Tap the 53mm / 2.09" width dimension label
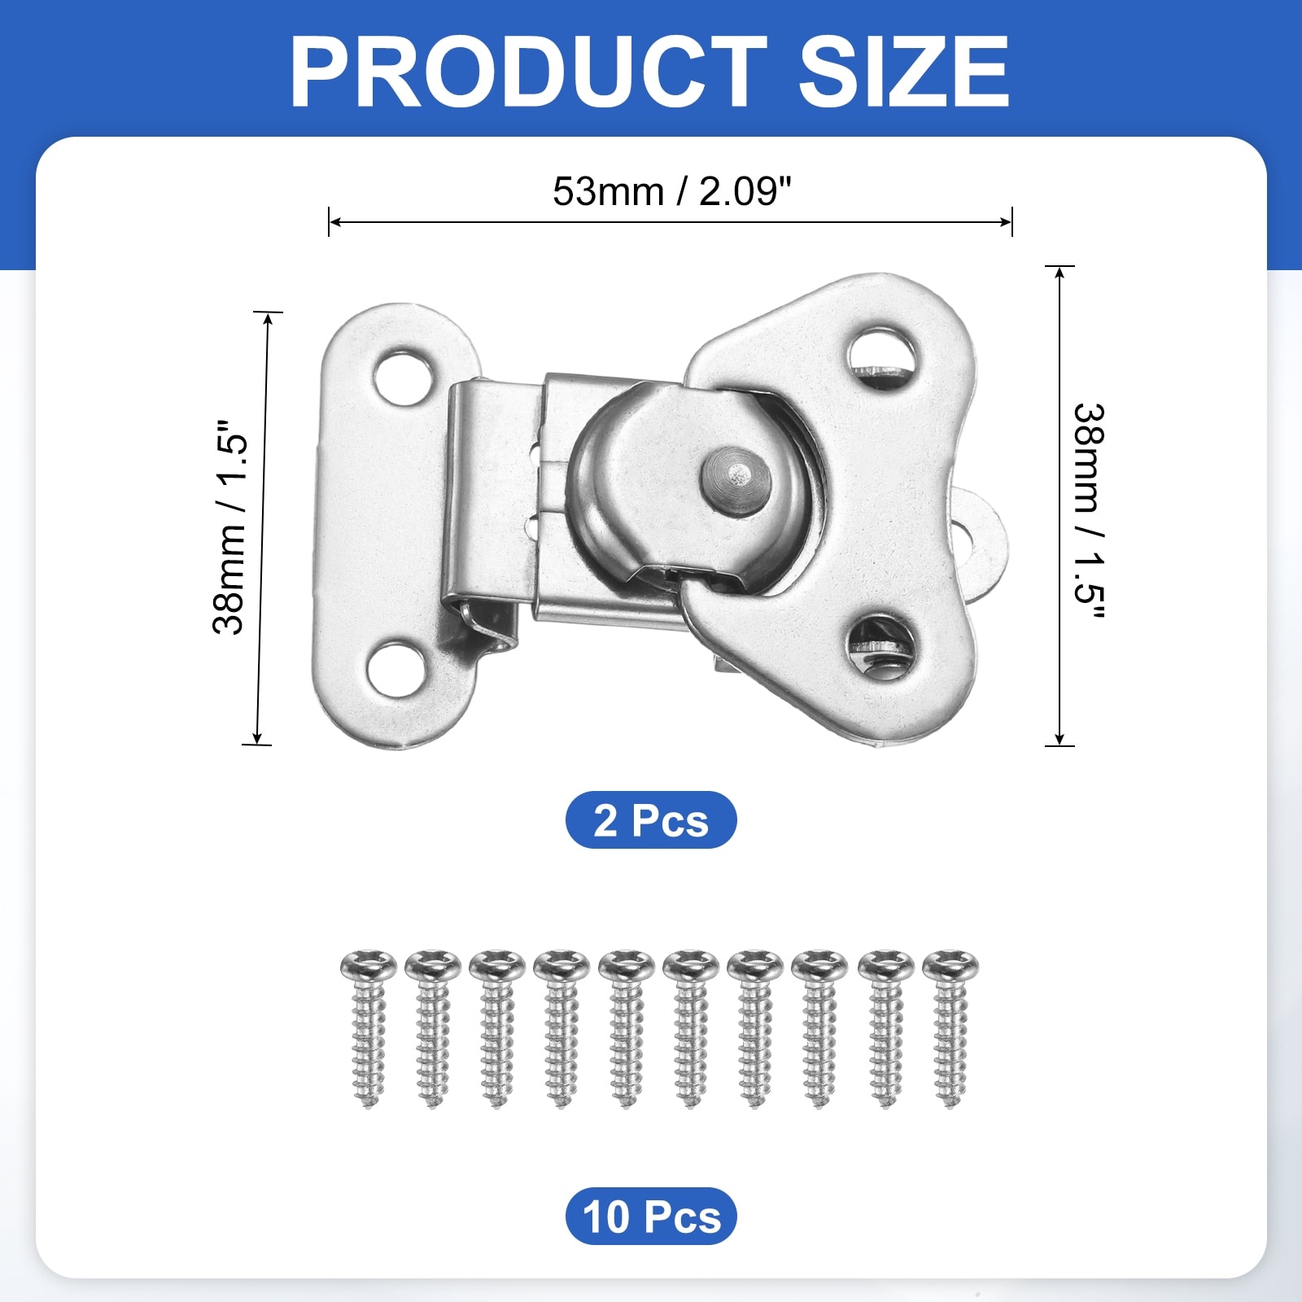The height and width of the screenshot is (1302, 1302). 671,192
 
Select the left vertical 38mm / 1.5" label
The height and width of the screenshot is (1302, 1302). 229,527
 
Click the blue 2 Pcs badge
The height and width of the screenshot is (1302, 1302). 651,819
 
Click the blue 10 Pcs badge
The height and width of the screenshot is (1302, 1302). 651,1216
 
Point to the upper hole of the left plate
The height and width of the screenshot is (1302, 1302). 403,378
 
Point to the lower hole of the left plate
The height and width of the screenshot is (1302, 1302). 396,668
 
